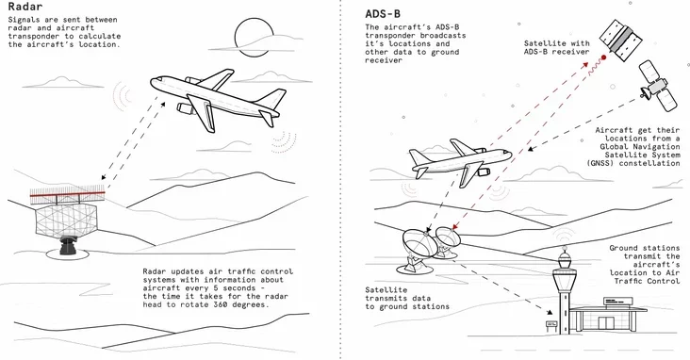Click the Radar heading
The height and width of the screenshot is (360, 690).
tap(25, 7)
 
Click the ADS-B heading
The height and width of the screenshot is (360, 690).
tap(383, 13)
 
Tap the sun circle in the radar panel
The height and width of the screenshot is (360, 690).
tap(252, 37)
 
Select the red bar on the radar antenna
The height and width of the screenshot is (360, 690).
tap(67, 192)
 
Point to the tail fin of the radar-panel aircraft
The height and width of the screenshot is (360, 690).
tap(273, 98)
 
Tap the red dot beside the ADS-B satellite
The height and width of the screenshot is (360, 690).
tap(603, 57)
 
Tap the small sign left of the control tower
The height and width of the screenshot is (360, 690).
tap(550, 326)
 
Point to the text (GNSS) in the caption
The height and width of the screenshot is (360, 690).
tap(600, 163)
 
